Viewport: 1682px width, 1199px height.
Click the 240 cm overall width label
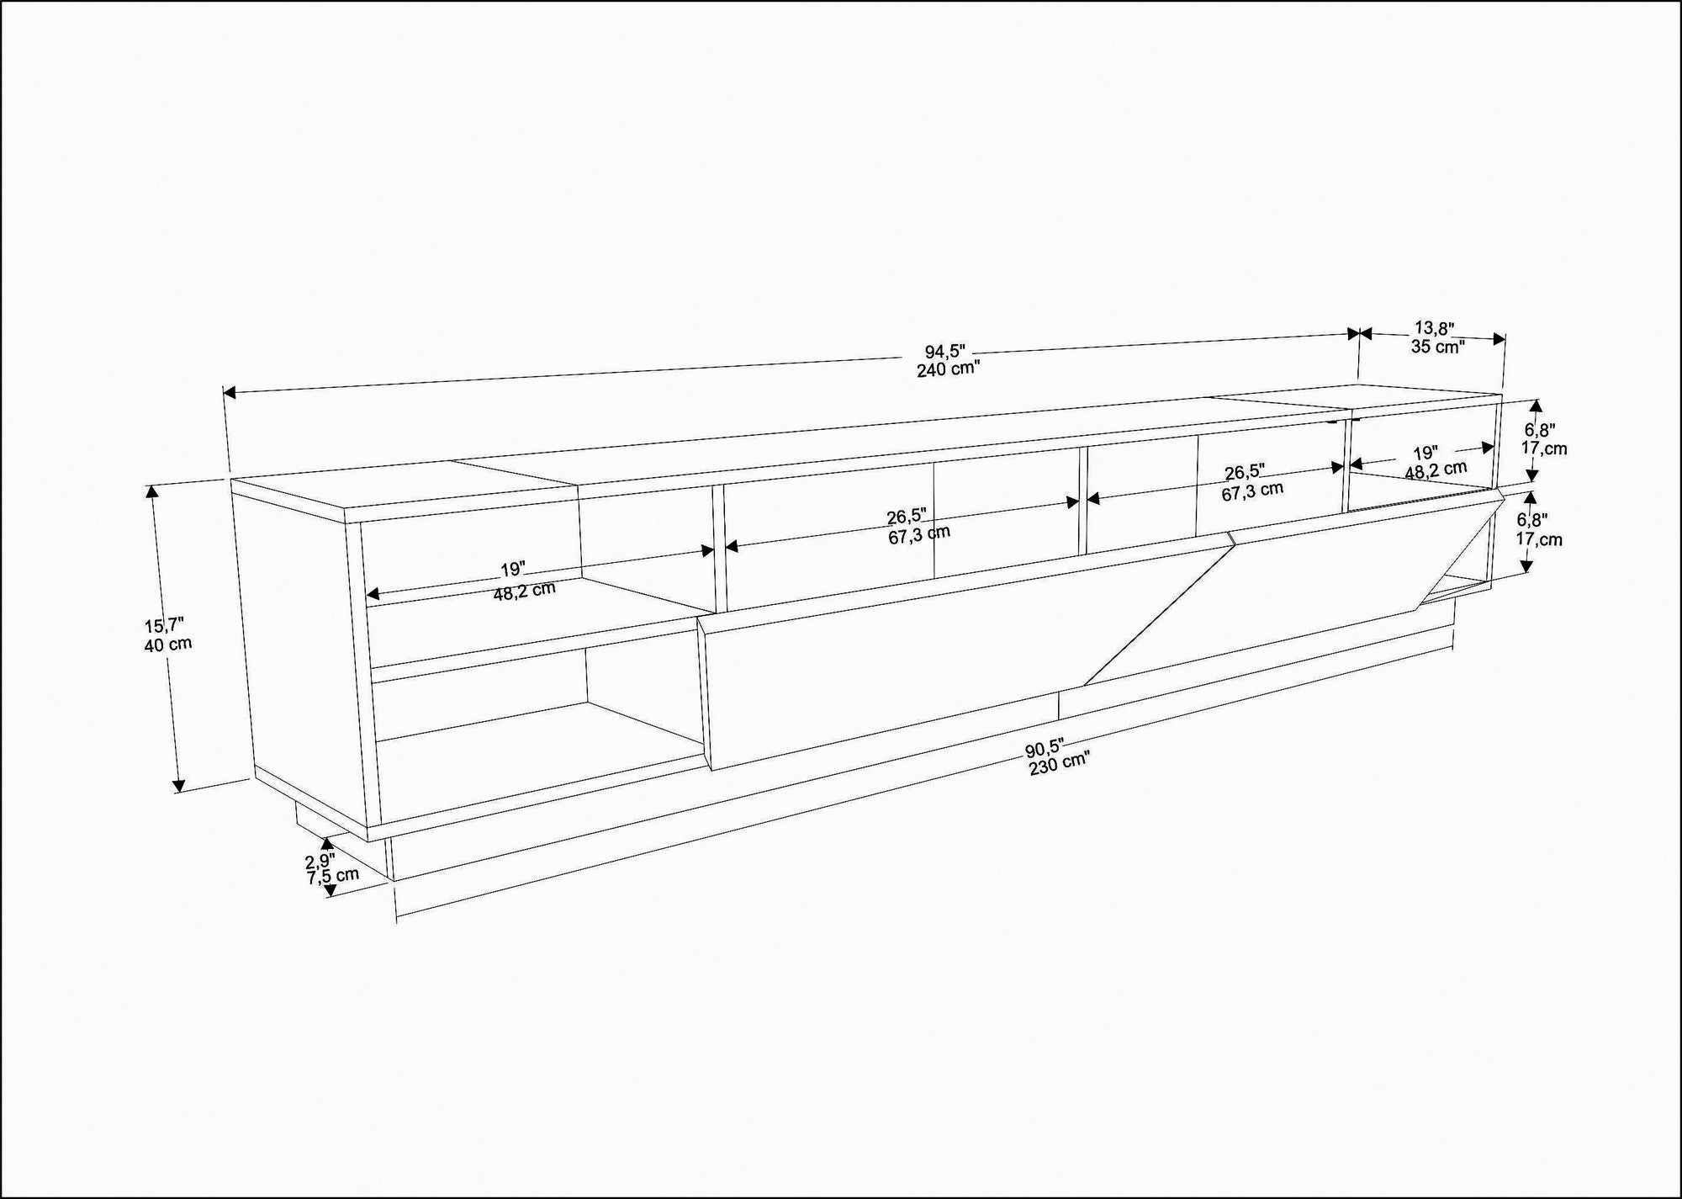coord(948,369)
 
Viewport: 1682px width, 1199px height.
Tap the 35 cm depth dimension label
coord(1437,346)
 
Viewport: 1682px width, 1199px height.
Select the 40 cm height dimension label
coord(168,645)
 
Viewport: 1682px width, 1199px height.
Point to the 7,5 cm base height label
coord(333,876)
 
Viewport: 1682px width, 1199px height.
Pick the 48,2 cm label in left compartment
coord(525,590)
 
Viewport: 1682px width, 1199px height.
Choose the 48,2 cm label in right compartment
coord(1436,470)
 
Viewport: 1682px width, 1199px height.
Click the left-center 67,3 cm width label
coord(919,534)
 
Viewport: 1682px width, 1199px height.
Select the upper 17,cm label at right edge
coord(1544,448)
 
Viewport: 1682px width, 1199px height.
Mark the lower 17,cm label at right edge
coord(1539,538)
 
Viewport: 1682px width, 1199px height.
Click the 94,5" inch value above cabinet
coord(945,352)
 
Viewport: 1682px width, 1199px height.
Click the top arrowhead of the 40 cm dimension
coord(152,492)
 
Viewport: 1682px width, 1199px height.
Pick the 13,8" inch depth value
coord(1434,327)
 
